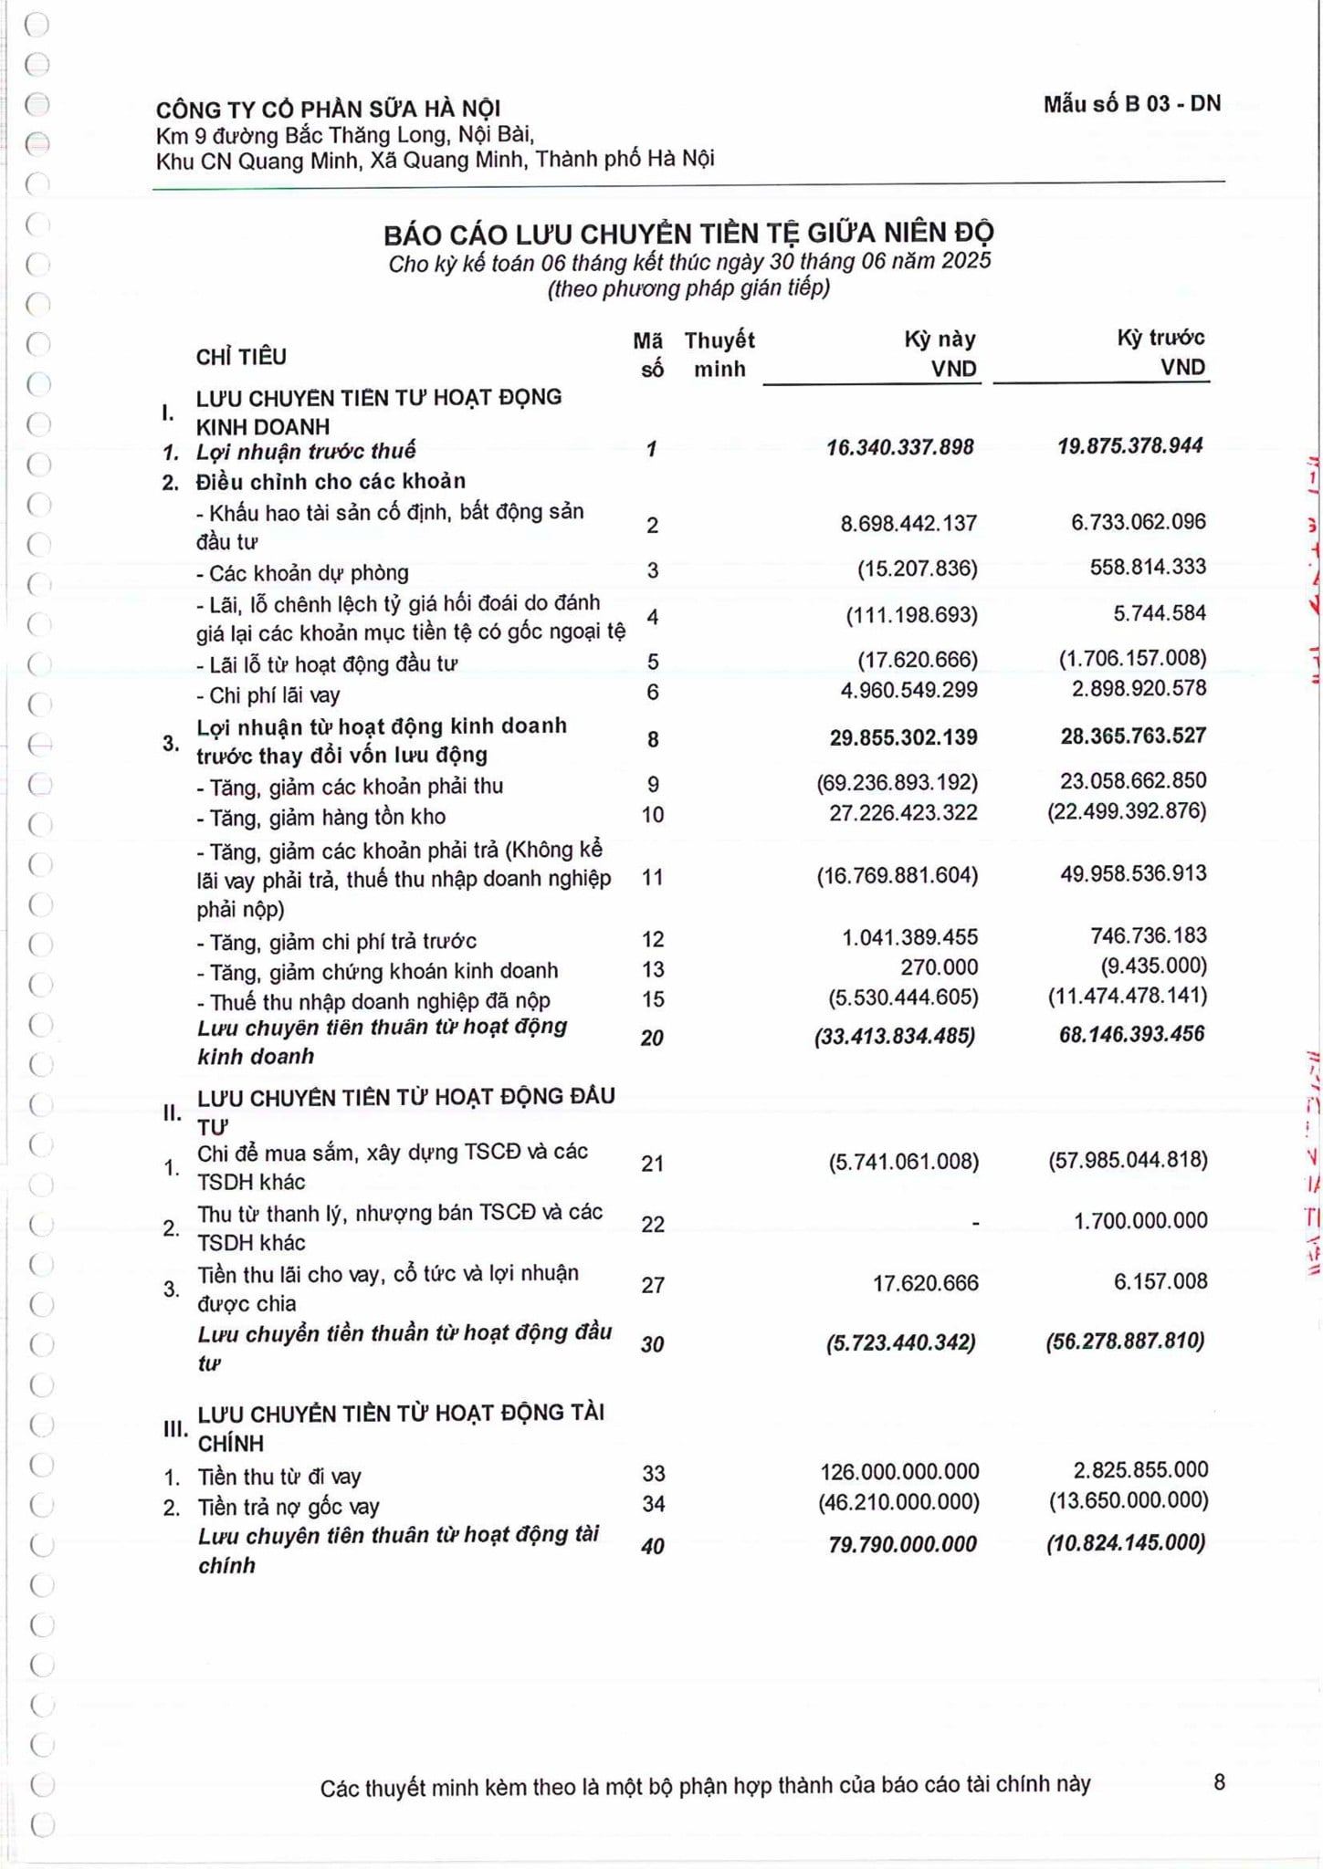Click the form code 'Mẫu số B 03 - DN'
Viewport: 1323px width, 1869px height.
click(x=1131, y=104)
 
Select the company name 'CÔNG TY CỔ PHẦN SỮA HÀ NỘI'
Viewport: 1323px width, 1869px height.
click(x=328, y=110)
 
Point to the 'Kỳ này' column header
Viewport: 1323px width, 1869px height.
click(x=940, y=339)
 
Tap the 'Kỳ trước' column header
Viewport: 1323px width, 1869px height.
click(x=1160, y=339)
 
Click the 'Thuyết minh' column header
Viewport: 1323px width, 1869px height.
click(x=719, y=354)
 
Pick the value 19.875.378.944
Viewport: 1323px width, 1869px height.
click(x=1130, y=446)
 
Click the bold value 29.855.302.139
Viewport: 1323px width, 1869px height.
click(x=903, y=737)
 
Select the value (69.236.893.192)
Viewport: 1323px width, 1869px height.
click(x=897, y=783)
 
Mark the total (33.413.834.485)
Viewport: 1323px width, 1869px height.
click(x=894, y=1036)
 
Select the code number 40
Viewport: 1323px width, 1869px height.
click(x=652, y=1546)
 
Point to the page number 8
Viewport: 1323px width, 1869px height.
click(x=1219, y=1782)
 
